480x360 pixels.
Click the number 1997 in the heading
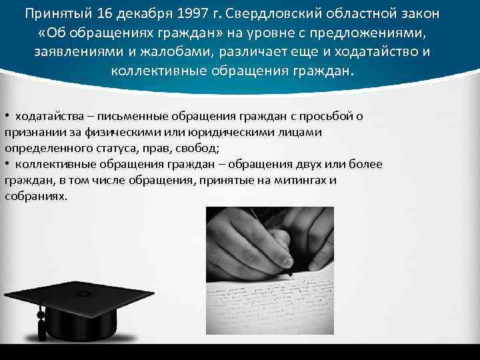click(x=191, y=14)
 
